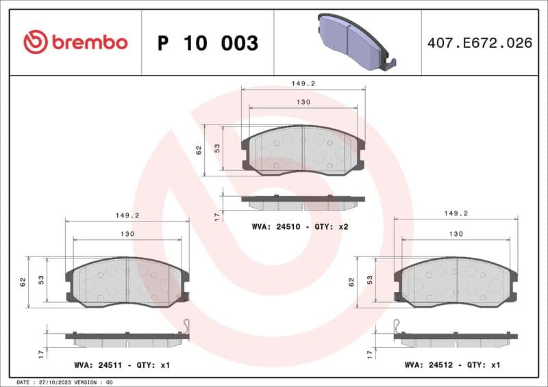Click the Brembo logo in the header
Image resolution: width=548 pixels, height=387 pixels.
point(75,42)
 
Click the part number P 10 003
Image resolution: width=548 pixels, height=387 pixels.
point(208,43)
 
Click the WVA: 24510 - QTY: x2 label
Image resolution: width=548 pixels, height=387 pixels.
point(301,226)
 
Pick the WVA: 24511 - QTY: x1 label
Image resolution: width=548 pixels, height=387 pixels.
point(121,366)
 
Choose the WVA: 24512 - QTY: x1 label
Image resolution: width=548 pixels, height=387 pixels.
point(453,366)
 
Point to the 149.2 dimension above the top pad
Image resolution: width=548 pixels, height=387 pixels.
point(302,83)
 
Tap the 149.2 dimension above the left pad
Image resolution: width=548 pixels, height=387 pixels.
point(127,215)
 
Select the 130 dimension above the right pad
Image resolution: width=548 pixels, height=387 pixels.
point(456,233)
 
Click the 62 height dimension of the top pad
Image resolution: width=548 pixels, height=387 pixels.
point(199,150)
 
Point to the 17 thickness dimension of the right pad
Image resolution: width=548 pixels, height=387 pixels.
point(369,353)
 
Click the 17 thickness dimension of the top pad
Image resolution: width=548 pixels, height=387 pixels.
point(216,216)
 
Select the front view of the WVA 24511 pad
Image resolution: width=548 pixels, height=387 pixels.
point(127,281)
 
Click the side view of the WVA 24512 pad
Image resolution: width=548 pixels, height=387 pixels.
point(456,338)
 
